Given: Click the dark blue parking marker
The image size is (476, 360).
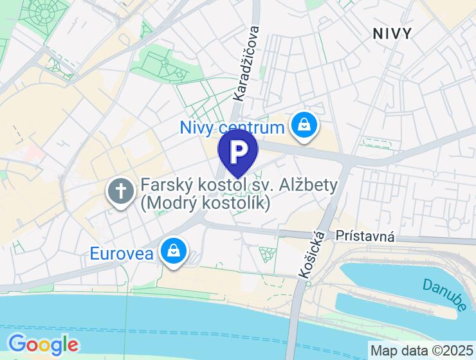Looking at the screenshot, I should point(238,152).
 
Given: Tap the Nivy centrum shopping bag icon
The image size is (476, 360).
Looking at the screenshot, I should point(302,125).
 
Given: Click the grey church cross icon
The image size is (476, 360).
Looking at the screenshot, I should point(120,191).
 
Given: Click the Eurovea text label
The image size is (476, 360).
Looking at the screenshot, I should point(122,253).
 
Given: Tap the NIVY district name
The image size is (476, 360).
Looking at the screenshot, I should point(392,33).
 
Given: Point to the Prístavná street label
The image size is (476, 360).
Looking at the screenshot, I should point(365,237).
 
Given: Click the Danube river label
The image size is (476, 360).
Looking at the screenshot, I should point(444,295).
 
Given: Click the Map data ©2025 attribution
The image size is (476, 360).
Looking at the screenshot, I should point(421,351).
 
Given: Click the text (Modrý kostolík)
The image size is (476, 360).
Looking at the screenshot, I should point(205,203).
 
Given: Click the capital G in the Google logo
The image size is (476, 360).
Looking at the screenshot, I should point(17,344).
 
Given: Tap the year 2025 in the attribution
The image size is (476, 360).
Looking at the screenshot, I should point(456,351).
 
